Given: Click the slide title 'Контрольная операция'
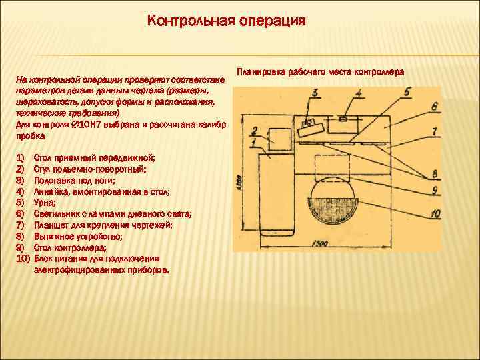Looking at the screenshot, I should pos(227,21).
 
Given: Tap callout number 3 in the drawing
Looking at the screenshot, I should pos(314,93).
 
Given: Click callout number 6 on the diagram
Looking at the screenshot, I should pos(433,106).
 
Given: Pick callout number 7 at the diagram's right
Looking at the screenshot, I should pos(434,131).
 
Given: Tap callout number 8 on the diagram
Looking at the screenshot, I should pos(434,173).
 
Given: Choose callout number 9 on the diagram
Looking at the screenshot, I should pos(434,190).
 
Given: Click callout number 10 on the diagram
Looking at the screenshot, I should pos(434,213).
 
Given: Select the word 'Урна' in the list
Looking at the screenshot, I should pos(44,202).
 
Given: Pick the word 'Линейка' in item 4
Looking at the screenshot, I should pos(51,191).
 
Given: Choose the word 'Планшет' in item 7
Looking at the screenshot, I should pos(51,225).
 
